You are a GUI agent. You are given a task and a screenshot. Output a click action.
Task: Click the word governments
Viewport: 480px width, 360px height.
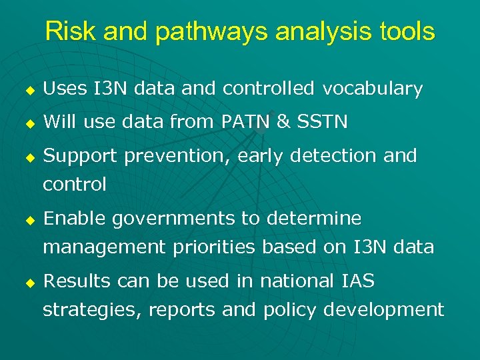click(x=173, y=219)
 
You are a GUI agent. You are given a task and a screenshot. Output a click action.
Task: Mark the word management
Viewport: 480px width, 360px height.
click(x=103, y=247)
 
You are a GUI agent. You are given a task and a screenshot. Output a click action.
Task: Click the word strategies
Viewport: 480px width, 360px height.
click(x=93, y=310)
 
